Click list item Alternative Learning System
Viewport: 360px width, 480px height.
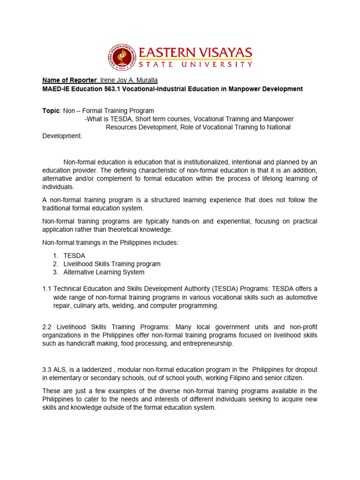click(x=104, y=272)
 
